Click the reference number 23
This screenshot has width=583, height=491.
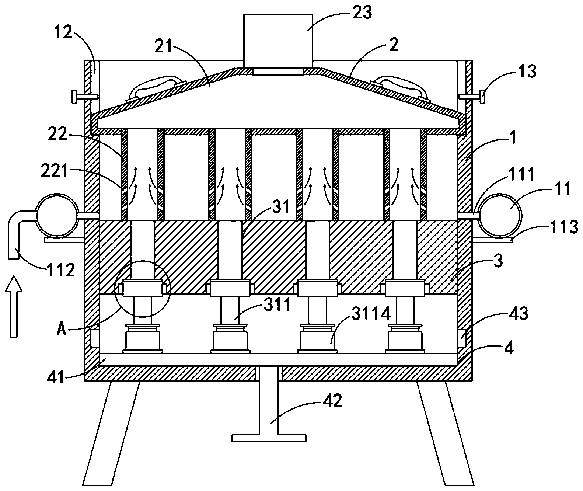[x=362, y=13]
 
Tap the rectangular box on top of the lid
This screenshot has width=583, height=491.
[x=278, y=41]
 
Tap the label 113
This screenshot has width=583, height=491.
[x=564, y=227]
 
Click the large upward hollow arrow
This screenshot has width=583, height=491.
[x=14, y=306]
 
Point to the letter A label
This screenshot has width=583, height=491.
[x=62, y=330]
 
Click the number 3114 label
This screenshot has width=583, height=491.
[x=371, y=314]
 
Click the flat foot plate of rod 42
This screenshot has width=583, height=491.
[x=269, y=438]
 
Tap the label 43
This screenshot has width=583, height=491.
[x=519, y=313]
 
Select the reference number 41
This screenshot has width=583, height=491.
[x=56, y=378]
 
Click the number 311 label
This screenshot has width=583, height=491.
[x=277, y=304]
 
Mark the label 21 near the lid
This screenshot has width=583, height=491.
[x=163, y=46]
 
